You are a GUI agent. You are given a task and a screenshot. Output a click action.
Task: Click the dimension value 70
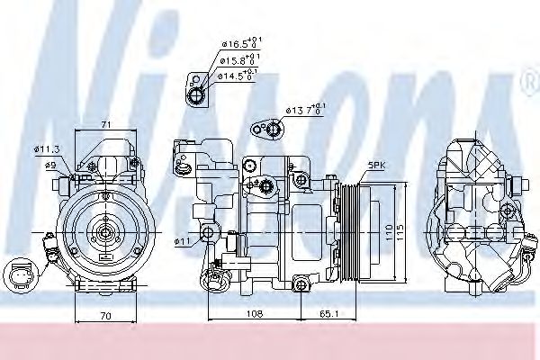106,316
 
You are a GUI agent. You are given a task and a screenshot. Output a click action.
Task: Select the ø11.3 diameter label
47,149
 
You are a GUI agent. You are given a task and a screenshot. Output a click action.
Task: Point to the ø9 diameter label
52,164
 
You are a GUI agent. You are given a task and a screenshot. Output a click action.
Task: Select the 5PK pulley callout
375,166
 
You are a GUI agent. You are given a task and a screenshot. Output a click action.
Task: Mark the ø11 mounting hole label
183,241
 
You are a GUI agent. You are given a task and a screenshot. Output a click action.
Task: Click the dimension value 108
255,315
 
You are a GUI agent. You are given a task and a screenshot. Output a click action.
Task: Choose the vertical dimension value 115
406,231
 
